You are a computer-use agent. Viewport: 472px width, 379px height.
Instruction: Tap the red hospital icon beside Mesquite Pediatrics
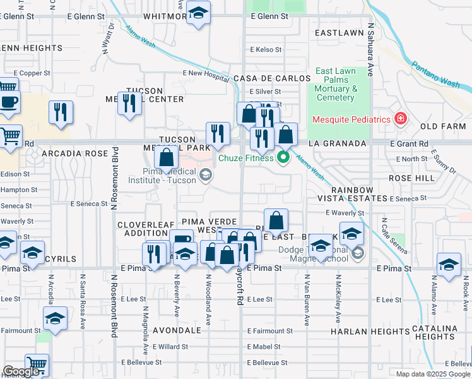pos(399,118)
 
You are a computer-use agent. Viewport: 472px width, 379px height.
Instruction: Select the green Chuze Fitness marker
pos(283,157)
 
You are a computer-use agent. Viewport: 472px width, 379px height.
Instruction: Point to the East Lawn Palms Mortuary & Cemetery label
pos(336,85)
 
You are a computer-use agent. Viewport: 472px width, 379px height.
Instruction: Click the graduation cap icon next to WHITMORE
pos(198,14)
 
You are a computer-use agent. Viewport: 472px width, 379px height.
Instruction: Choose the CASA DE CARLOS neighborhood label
pos(272,78)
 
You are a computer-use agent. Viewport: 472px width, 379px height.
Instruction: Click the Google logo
pos(21,372)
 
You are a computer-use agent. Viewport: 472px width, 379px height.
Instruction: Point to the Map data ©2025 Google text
pos(432,374)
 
